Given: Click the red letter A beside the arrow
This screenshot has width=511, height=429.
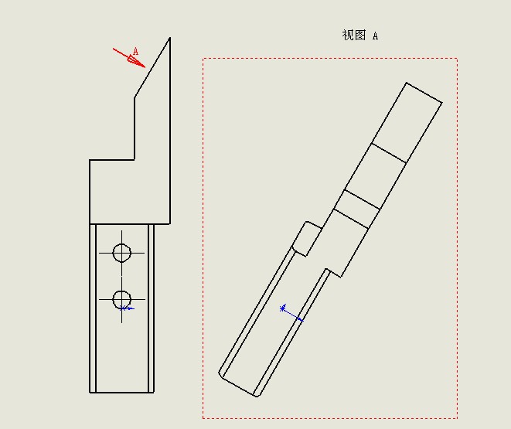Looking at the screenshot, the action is (x=135, y=51).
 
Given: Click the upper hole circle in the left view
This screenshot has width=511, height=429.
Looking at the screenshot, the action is (x=122, y=253).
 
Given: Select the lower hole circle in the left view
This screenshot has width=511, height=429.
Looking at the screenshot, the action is (x=122, y=299).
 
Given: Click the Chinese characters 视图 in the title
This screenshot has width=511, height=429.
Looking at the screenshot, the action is (x=354, y=35).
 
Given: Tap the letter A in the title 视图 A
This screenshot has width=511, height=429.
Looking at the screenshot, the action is (x=376, y=36).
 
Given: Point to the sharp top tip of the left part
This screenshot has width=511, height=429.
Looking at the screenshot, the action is (x=170, y=38).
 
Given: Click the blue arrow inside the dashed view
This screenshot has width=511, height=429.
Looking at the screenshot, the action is (x=291, y=315).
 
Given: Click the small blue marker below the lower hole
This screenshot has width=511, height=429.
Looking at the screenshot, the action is (x=127, y=308).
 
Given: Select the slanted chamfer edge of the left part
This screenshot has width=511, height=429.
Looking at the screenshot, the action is (x=152, y=67).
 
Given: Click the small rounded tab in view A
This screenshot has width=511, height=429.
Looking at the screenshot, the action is (x=307, y=239).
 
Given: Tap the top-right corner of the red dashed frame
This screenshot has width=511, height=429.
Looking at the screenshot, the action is (x=457, y=59).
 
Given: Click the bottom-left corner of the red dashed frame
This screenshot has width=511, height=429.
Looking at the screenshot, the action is (x=203, y=418).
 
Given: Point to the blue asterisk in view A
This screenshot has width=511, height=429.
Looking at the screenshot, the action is (x=282, y=308).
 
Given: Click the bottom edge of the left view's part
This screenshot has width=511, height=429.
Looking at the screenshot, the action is (x=121, y=393).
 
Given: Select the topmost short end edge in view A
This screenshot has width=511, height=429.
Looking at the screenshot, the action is (x=424, y=93).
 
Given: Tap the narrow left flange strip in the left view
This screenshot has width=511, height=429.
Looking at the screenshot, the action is (x=93, y=308).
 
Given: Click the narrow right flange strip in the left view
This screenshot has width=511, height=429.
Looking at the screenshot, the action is (x=151, y=308).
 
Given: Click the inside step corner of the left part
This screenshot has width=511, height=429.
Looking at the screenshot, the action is (x=135, y=159).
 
